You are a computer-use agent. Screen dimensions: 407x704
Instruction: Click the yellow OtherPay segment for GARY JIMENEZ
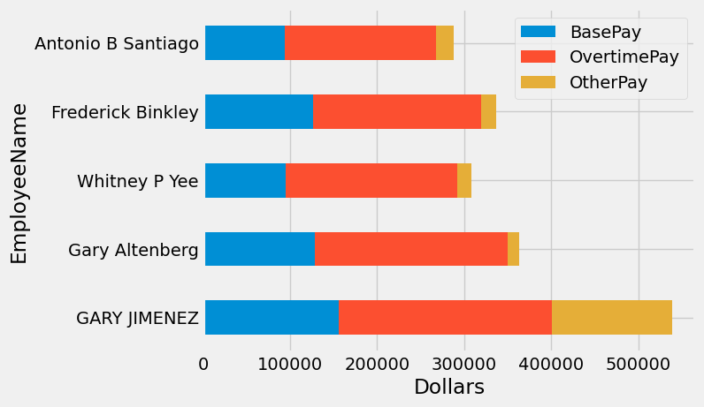coord(611,318)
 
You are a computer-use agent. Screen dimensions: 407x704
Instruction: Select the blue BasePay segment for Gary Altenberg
coord(259,249)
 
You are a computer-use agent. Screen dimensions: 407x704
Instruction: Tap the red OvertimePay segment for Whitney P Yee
coord(371,180)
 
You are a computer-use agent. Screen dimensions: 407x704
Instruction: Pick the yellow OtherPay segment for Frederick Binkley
coord(488,111)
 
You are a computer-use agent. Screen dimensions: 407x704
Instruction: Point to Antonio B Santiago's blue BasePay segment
coord(244,43)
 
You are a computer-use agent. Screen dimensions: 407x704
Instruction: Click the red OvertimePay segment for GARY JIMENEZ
coord(445,318)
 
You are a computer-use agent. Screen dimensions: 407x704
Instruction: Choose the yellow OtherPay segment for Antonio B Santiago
coord(445,43)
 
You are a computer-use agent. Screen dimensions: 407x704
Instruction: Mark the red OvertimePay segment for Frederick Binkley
coord(396,111)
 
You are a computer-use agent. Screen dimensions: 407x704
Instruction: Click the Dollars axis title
coord(448,388)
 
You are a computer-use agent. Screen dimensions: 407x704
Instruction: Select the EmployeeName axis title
coord(19,183)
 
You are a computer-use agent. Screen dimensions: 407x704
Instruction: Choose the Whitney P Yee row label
coord(137,181)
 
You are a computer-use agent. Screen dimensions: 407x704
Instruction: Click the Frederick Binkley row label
coord(125,112)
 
